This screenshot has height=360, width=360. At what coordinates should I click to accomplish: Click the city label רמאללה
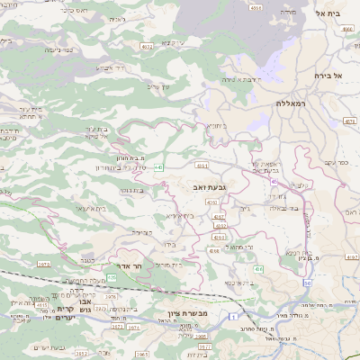coord(293,104)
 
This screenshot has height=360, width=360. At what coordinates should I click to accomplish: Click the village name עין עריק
coord(158,86)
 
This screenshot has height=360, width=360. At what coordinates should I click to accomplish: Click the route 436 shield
coord(257,268)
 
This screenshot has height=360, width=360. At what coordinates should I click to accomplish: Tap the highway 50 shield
coord(307,283)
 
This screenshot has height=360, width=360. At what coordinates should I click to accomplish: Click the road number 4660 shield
coord(347,28)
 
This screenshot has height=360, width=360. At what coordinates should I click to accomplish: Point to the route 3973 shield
coord(43,264)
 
